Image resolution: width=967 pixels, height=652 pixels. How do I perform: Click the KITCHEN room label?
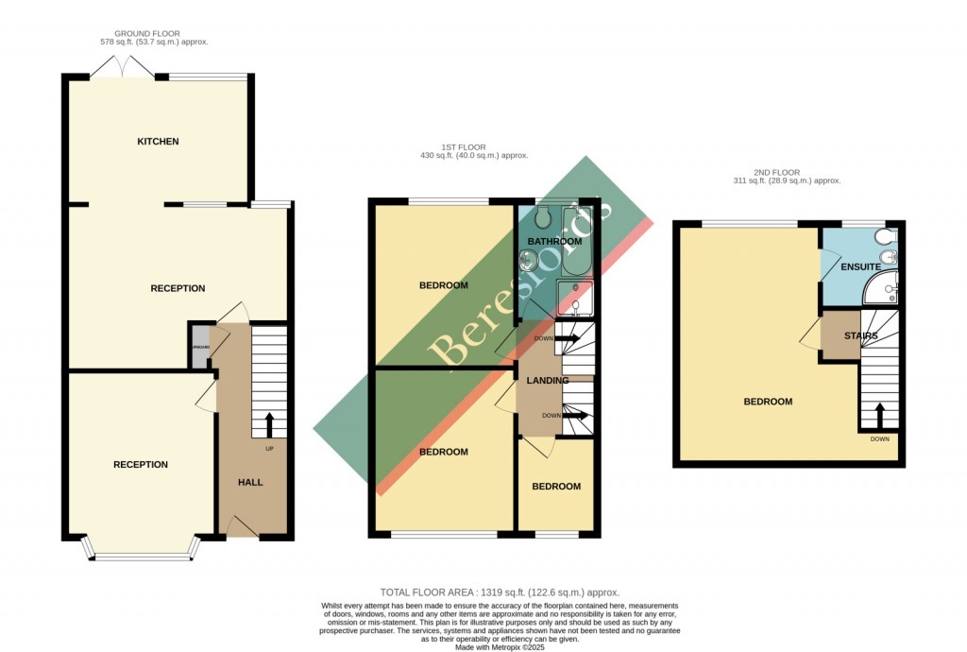click(x=158, y=142)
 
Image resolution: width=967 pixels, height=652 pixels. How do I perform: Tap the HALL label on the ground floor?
click(x=250, y=482)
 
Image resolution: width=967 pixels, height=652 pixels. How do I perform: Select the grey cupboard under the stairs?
click(x=199, y=347)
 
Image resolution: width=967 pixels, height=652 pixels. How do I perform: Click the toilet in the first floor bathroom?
click(x=542, y=218)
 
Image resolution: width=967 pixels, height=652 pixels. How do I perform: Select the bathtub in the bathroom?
click(x=577, y=236)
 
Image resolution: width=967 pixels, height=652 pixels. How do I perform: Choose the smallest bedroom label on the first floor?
click(x=555, y=487)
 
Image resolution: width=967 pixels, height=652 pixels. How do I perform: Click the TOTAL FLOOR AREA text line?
click(x=500, y=592)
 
